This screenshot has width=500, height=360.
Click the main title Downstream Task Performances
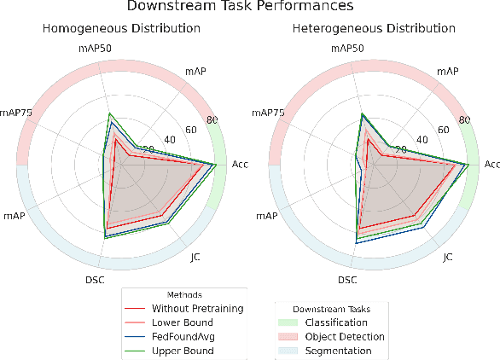click(x=250, y=8)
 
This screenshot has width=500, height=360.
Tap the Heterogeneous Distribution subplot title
click(x=373, y=28)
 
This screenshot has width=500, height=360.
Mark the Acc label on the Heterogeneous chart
click(x=491, y=164)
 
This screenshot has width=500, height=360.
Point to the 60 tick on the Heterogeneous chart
click(x=442, y=130)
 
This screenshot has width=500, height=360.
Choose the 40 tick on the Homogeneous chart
click(x=169, y=139)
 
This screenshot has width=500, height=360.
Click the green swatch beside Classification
click(x=293, y=322)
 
